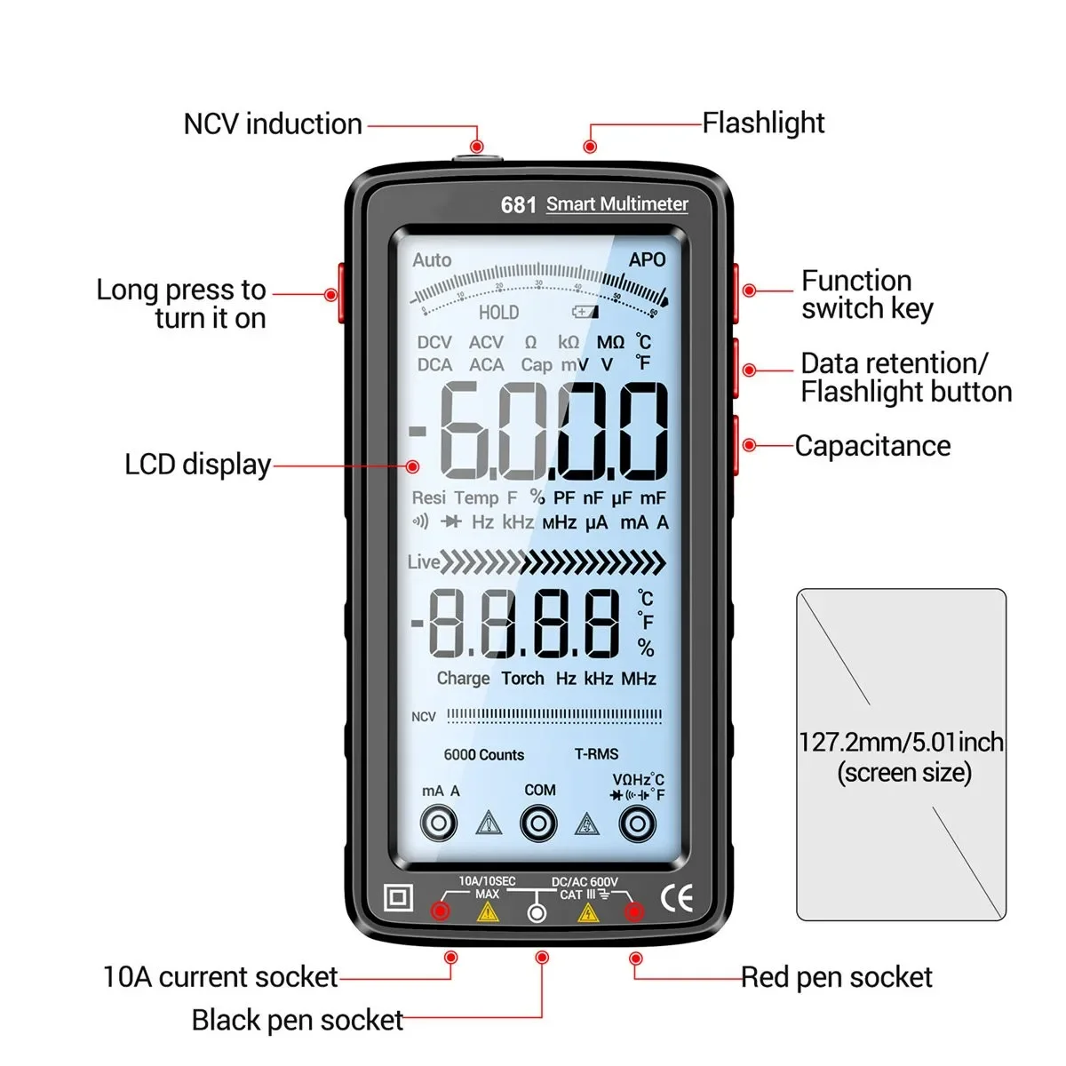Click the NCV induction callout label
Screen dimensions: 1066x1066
point(273,124)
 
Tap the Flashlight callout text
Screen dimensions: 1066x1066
point(763,123)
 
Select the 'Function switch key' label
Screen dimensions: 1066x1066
point(867,294)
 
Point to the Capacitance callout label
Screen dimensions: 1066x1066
point(872,446)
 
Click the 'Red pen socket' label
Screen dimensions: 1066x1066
point(837,978)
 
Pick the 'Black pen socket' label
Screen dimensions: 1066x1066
point(298,1021)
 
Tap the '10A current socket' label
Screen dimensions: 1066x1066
point(220,977)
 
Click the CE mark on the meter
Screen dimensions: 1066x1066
point(677,899)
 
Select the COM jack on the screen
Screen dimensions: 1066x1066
point(538,823)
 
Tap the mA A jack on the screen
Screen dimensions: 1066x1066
point(439,823)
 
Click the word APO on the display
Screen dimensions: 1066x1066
point(647,259)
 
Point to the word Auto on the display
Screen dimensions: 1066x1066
point(432,259)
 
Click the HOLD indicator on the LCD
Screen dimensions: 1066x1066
point(498,313)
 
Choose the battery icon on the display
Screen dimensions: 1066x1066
point(585,312)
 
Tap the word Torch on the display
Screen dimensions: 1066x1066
point(522,679)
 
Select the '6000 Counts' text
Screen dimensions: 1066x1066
point(484,755)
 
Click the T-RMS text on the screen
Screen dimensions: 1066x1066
point(596,754)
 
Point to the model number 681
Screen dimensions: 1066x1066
point(518,205)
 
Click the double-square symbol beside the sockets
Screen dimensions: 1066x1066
point(398,898)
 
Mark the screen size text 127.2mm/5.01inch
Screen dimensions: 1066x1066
point(901,743)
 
